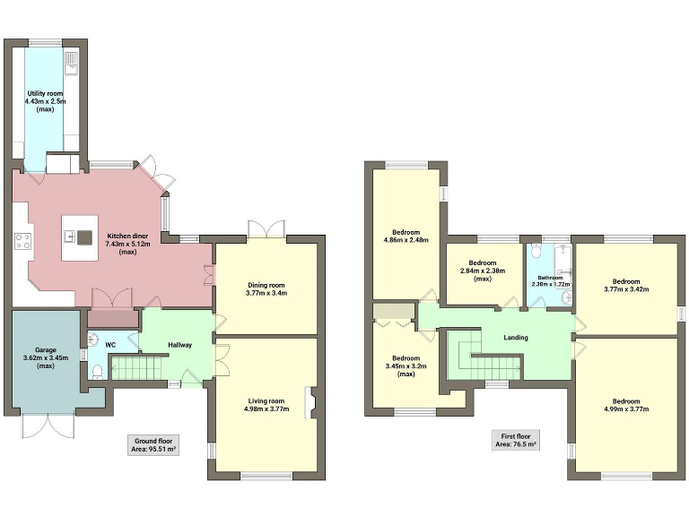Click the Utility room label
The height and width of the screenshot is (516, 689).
(42, 92)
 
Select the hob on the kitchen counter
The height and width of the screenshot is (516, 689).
(22, 240)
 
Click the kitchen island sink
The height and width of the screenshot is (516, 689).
(68, 237)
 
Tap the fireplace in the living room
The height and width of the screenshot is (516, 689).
(310, 402)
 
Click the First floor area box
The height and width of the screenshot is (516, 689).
(516, 440)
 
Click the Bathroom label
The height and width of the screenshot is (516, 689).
(549, 278)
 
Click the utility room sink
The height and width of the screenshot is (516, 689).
(72, 63)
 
